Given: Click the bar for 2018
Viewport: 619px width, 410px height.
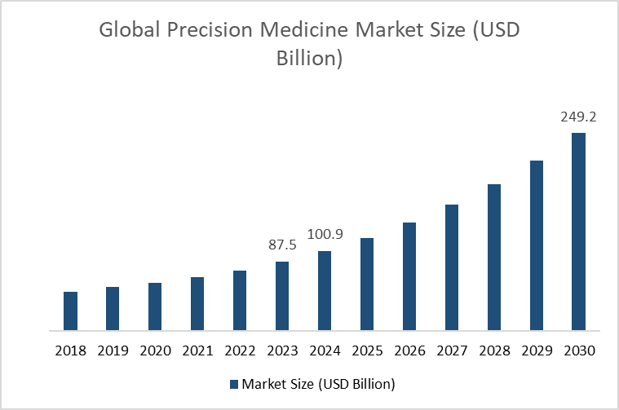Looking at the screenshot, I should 71,311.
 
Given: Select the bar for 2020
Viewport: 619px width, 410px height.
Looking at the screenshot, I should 155,307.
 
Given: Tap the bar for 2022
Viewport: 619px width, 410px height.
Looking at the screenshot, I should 240,301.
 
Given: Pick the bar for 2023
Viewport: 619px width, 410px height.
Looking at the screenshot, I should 282,297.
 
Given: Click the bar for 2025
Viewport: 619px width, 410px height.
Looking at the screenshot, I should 367,284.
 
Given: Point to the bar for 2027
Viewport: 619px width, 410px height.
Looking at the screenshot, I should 452,268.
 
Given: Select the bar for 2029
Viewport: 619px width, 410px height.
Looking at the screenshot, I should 537,246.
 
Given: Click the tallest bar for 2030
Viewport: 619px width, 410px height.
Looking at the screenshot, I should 579,232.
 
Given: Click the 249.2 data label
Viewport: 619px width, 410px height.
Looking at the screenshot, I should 578,117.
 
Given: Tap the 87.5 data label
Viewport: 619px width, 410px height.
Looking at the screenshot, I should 282,245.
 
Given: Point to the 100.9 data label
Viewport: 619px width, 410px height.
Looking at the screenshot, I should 325,234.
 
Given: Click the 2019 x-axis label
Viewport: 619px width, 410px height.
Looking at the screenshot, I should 113,351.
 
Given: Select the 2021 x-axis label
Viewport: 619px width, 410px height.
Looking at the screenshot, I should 197,351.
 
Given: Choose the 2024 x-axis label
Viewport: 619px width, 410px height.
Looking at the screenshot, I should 325,351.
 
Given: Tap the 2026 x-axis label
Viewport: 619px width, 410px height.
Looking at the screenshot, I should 409,351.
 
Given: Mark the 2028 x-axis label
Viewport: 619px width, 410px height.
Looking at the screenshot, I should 494,351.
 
